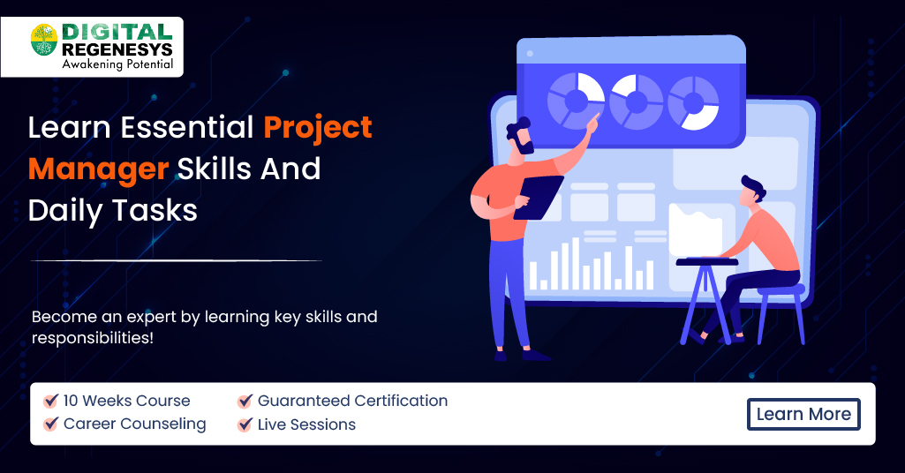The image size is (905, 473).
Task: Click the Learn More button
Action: (803, 414)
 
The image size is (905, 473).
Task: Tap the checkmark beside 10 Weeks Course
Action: (51, 401)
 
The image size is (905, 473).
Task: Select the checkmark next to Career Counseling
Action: (51, 424)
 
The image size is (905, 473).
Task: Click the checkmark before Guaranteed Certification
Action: (245, 402)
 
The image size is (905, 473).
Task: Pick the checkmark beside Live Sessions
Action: (245, 425)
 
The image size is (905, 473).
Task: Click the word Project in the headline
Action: (318, 127)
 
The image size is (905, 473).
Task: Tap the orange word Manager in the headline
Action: (98, 168)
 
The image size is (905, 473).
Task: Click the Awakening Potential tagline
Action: (117, 64)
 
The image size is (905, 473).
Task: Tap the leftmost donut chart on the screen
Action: (575, 100)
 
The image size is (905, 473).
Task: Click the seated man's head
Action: (752, 190)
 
